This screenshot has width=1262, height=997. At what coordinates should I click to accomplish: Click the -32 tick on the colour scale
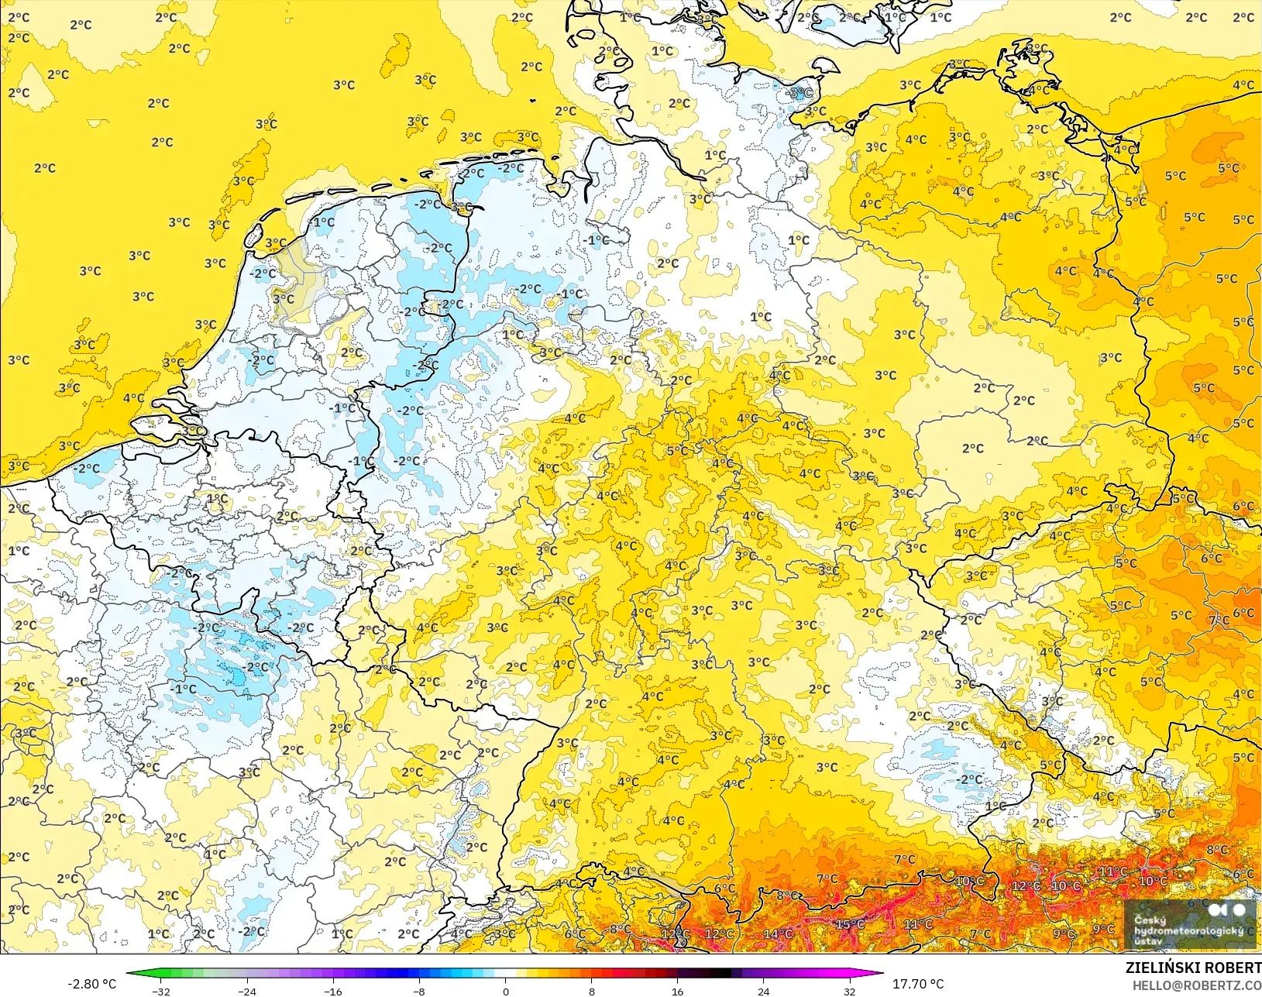(161, 991)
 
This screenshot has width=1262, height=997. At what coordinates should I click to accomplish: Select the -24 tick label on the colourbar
(246, 991)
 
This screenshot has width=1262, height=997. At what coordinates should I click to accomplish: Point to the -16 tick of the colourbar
(332, 991)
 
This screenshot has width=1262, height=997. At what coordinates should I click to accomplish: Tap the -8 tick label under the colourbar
(419, 991)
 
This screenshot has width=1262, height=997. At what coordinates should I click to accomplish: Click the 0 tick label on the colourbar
(505, 991)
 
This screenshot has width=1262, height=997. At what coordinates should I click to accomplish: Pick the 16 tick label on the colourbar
(677, 991)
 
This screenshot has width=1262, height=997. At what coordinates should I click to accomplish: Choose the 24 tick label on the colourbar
(763, 991)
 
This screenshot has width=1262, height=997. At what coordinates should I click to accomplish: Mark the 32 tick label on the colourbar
(849, 991)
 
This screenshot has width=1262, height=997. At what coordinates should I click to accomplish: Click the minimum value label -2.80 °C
(91, 984)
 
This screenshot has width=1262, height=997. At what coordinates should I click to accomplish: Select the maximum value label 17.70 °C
(918, 984)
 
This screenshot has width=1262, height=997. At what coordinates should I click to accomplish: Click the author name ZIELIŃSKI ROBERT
(1193, 968)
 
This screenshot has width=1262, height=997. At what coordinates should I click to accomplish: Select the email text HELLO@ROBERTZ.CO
(1197, 985)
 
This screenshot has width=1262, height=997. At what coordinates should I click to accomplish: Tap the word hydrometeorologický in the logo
(1188, 930)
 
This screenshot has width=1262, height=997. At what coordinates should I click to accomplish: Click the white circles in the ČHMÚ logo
(1228, 909)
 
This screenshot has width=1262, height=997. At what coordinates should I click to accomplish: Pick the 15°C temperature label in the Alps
(849, 924)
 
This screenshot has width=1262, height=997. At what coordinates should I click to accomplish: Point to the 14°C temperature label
(778, 933)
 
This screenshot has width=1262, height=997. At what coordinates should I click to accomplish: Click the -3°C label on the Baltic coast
(800, 93)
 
